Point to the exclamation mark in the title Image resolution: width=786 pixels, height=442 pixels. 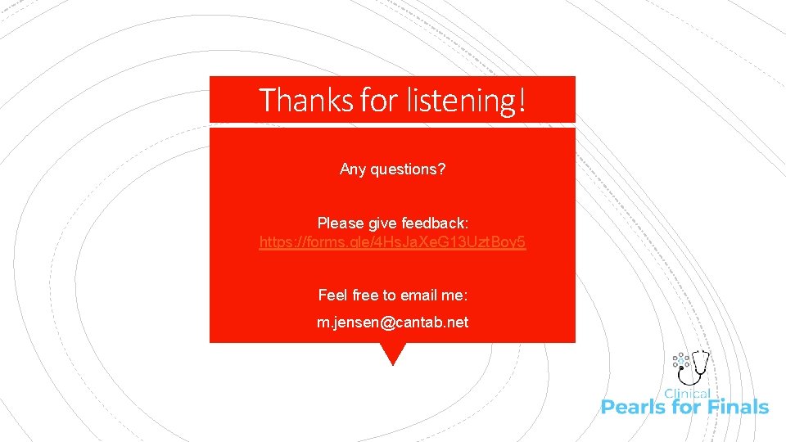pyautogui.click(x=521, y=100)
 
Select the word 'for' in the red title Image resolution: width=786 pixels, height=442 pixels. pyautogui.click(x=377, y=100)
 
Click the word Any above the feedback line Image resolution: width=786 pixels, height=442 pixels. pyautogui.click(x=353, y=169)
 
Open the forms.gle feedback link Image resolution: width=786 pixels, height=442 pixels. pyautogui.click(x=392, y=242)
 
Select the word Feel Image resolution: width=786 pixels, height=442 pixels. pyautogui.click(x=332, y=295)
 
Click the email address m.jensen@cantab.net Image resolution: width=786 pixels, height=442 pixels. pyautogui.click(x=392, y=322)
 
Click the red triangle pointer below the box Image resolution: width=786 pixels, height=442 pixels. pyautogui.click(x=393, y=353)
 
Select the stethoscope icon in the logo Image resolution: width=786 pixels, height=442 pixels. pyautogui.click(x=698, y=365)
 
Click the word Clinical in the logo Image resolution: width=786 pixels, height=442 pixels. pyautogui.click(x=687, y=394)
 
